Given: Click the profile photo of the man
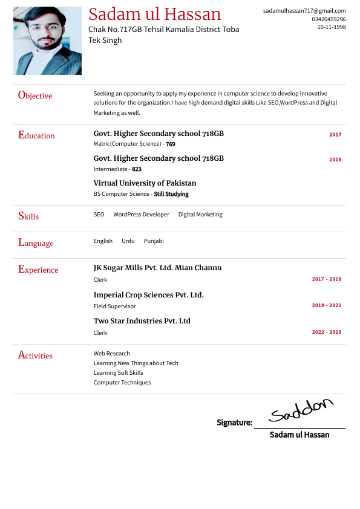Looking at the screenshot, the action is point(47,41).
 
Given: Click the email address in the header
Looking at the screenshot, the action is point(304,11).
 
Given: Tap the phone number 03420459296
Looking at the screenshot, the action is point(329,19).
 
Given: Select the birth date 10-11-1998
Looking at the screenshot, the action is point(332,27).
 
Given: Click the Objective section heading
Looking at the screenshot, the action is point(35,96).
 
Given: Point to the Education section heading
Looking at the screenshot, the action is point(36,135).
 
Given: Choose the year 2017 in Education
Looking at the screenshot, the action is point(335,135).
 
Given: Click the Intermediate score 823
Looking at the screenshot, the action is point(137,169).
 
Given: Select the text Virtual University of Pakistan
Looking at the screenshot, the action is point(145,183).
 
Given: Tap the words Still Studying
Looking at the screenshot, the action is point(171,194).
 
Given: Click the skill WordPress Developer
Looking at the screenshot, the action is point(141,215).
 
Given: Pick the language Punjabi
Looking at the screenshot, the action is point(154,241).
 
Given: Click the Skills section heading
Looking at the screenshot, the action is point(28,216).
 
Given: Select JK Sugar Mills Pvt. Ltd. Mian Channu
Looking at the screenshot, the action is point(157,268).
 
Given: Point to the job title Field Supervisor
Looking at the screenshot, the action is point(114,306).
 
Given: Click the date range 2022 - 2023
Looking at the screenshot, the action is point(327,332).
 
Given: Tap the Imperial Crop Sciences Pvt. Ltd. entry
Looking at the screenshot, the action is point(148,295).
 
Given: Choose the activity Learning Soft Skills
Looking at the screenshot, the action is point(118,373).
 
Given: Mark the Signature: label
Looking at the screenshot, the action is point(234,423).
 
